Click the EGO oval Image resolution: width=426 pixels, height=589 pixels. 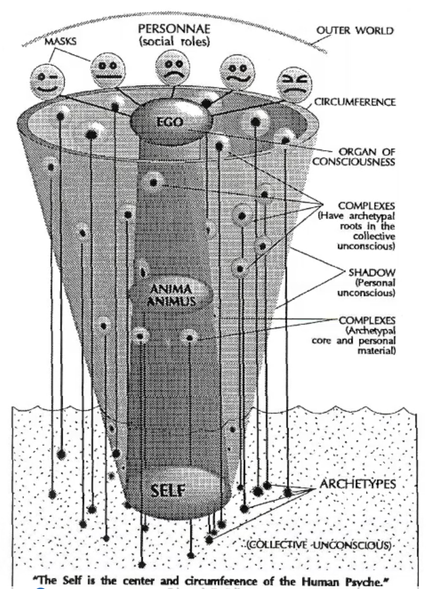[170, 122]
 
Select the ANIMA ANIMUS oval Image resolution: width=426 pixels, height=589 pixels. [171, 294]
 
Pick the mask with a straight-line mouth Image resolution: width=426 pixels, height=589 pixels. [107, 70]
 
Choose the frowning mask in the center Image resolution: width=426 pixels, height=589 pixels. [173, 66]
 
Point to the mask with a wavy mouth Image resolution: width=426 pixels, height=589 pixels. [237, 72]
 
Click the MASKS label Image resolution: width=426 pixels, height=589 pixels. [61, 41]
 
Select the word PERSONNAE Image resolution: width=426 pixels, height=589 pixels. [174, 29]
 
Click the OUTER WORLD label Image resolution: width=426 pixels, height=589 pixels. [355, 31]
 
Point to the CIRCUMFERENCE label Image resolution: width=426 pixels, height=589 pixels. [354, 102]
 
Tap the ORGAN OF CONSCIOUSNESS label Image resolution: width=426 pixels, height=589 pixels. [354, 157]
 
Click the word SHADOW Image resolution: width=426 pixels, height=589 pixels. [372, 272]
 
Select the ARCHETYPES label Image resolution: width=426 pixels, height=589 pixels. [358, 484]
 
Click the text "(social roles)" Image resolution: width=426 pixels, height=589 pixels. [174, 42]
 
